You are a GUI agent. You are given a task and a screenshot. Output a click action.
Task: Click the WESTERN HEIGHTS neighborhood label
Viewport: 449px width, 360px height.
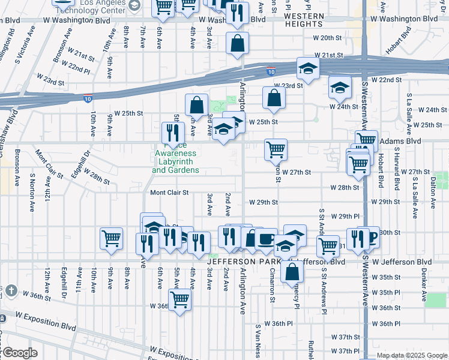(x=304, y=19)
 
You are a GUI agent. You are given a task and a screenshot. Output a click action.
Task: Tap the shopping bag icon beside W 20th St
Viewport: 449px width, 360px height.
(x=238, y=43)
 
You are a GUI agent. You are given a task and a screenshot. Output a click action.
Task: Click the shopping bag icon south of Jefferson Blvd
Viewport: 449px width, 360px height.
(x=292, y=271)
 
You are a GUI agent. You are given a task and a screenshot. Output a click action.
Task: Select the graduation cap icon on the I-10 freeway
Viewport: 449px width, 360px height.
(x=308, y=69)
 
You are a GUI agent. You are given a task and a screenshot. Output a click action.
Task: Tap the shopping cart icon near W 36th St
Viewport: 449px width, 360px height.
(x=179, y=299)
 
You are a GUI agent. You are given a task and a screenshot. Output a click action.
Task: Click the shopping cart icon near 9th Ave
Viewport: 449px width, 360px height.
(x=112, y=238)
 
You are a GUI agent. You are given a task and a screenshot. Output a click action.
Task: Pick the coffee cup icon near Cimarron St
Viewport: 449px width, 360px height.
(x=266, y=239)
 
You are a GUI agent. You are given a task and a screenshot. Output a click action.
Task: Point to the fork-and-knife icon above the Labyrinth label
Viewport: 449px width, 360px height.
(x=173, y=133)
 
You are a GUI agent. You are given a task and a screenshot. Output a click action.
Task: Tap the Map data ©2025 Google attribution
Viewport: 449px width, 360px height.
(x=411, y=355)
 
